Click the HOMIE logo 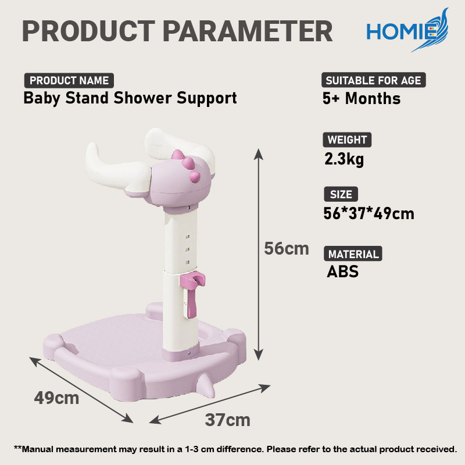tap(407, 31)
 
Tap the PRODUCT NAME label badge tap(69, 80)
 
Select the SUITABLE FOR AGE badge tap(373, 80)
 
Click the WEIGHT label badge tap(347, 139)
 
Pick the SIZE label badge tap(341, 194)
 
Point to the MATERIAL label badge tap(353, 254)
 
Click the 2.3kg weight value tap(344, 159)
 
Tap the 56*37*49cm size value tap(369, 213)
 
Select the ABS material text tap(342, 271)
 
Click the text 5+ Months tap(362, 98)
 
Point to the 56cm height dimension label tap(287, 249)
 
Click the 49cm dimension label tap(56, 398)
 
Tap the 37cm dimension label tap(228, 420)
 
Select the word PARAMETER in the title tap(248, 31)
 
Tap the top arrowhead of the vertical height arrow tap(259, 154)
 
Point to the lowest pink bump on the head tap(195, 176)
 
